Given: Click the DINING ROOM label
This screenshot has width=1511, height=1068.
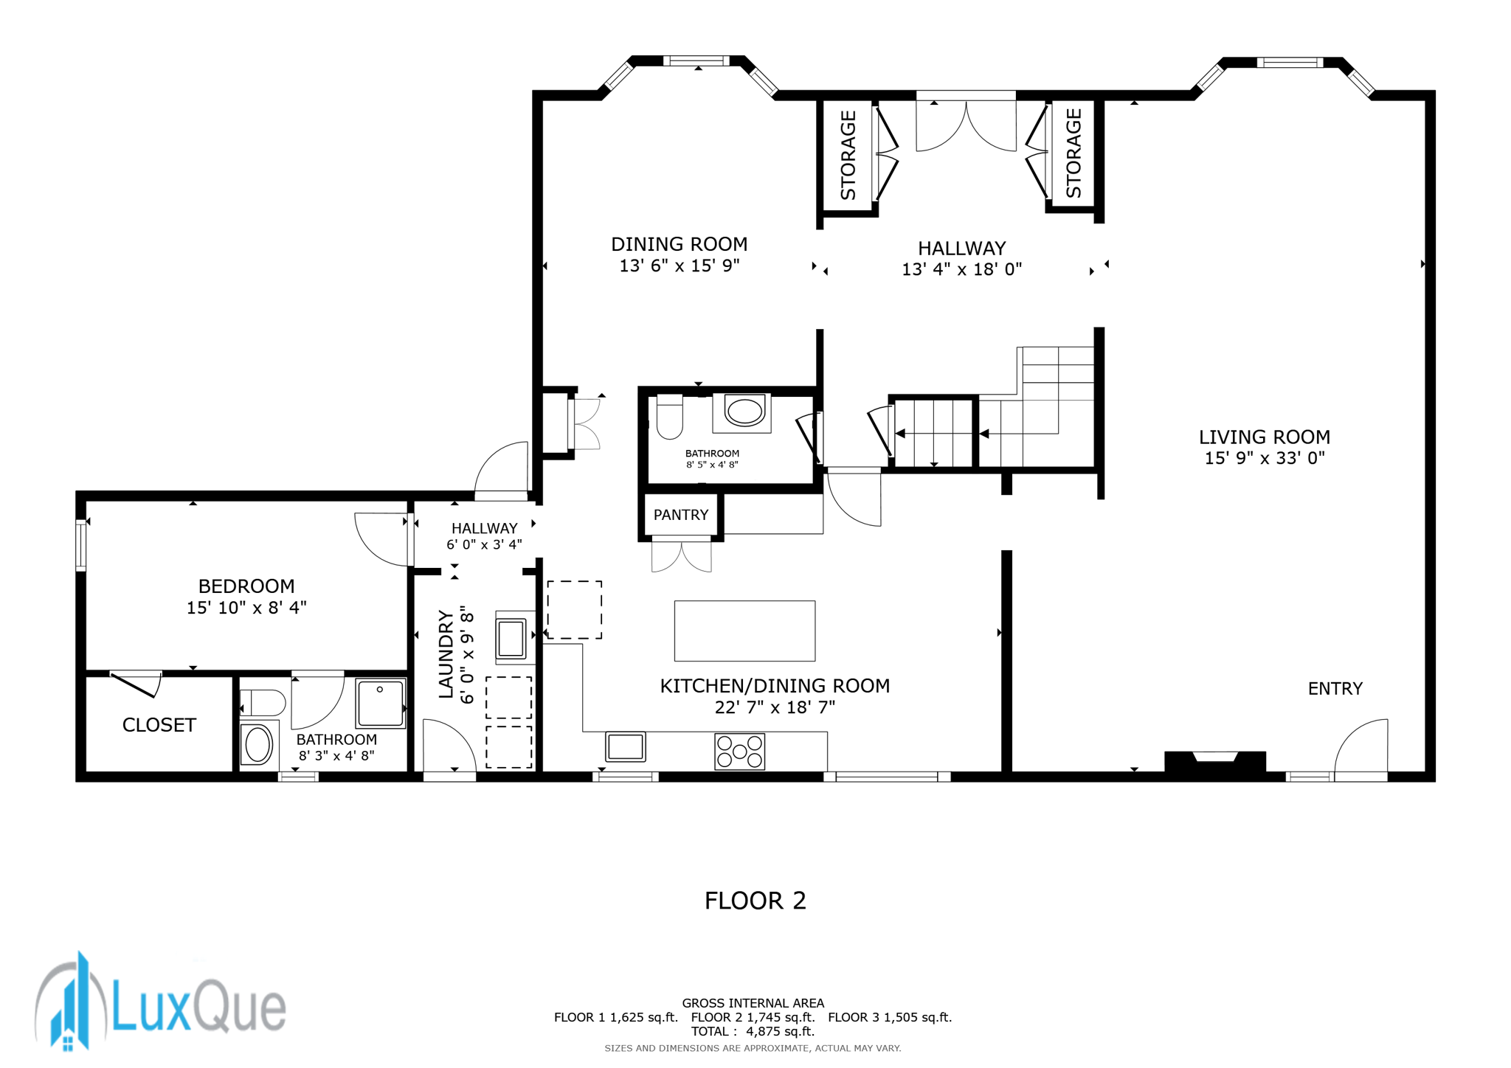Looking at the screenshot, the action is [679, 244].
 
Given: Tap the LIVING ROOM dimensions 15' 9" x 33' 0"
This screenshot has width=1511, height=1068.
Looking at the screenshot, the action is [1265, 458].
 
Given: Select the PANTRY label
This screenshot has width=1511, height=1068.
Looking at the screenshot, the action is [680, 515].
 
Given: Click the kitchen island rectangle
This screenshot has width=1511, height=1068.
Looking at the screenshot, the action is [744, 631].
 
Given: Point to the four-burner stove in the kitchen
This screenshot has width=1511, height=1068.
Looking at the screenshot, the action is [739, 752].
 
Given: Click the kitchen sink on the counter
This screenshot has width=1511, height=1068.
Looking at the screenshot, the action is [626, 746].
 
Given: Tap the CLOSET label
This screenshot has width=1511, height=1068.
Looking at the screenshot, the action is [159, 725].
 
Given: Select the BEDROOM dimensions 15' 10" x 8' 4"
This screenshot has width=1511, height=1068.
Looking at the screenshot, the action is [246, 608].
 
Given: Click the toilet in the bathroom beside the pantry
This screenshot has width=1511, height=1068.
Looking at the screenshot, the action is [669, 417].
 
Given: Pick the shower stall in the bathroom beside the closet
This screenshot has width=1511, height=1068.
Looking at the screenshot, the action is [381, 703].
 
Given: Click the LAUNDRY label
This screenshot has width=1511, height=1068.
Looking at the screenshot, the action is [446, 654].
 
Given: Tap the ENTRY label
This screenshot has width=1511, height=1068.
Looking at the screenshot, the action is [1335, 688].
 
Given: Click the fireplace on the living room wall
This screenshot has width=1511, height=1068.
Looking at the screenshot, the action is [1215, 763].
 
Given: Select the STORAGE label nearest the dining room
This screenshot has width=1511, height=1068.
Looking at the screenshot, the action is [848, 155].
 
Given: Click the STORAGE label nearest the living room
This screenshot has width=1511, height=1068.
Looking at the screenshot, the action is [1073, 153].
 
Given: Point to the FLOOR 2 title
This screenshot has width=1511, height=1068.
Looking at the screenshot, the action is [755, 901].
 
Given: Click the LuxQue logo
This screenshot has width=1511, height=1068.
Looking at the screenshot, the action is [160, 1002].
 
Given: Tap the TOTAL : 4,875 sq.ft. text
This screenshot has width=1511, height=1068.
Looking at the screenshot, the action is [753, 1031].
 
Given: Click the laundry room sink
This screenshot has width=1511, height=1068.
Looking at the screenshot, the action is [511, 638].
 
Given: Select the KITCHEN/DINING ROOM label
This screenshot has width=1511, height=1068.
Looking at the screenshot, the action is [775, 686].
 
